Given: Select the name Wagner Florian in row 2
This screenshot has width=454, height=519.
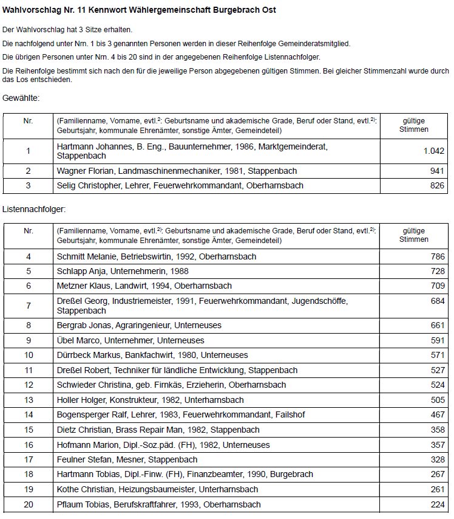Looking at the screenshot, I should [81, 171].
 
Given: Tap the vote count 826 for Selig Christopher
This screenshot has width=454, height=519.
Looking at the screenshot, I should [437, 185].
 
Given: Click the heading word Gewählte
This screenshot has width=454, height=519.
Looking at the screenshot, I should [21, 98].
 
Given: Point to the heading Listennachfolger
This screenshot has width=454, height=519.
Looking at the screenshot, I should [34, 209].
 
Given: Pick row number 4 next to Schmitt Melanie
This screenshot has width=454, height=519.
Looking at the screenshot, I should [29, 256].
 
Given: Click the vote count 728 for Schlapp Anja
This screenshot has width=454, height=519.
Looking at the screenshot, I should [437, 271].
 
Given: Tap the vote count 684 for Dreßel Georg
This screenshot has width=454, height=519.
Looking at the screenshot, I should [437, 301].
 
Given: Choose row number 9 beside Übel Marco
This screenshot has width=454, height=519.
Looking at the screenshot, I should [29, 340].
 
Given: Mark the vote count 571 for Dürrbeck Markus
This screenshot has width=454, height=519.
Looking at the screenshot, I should [437, 355].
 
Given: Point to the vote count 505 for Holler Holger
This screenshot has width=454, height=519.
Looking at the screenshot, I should [437, 400].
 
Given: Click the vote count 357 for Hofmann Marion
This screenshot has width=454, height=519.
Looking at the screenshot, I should [437, 445].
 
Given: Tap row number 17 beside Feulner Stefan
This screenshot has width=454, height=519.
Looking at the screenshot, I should [29, 459].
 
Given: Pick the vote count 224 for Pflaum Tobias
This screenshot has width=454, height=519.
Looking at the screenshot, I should [437, 504].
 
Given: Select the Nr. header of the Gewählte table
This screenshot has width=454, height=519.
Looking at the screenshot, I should [29, 121].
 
